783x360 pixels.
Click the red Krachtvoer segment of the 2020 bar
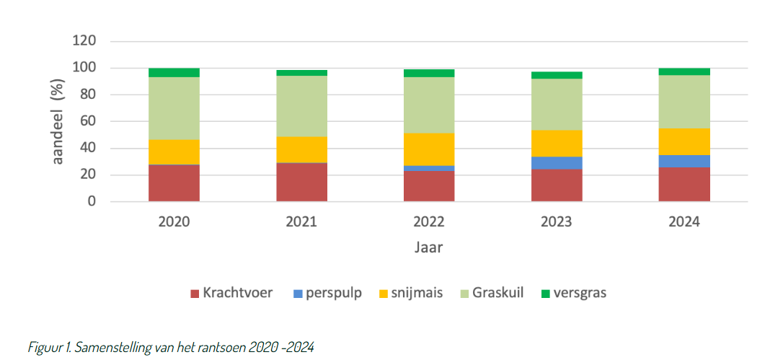(174, 183)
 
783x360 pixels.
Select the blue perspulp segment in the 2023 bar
(556, 162)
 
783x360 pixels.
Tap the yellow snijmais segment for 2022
(429, 149)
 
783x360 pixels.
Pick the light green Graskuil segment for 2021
(301, 106)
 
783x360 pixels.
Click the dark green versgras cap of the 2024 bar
(684, 71)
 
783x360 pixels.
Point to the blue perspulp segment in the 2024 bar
(684, 161)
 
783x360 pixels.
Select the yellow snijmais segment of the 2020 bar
(174, 152)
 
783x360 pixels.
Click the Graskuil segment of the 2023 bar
(556, 104)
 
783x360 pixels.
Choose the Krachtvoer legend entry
(231, 293)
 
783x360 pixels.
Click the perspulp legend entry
(327, 293)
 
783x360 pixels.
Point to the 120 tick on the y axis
(84, 41)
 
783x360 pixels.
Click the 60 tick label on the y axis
(87, 122)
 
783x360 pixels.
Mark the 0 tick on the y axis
(92, 202)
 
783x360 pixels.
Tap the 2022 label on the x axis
(429, 222)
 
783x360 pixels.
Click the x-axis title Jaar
(428, 247)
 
